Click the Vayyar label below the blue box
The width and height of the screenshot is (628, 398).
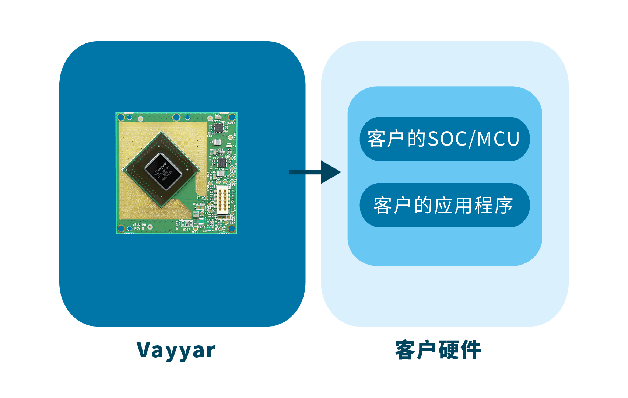tap(176, 350)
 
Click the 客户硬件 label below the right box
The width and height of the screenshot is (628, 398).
tap(438, 350)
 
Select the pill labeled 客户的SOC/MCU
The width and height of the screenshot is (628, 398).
tap(444, 139)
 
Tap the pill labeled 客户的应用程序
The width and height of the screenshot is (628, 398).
tap(444, 205)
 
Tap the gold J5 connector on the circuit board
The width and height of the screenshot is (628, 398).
tap(222, 200)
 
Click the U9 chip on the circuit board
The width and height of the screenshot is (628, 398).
tap(218, 128)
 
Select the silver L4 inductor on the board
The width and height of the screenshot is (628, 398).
tap(217, 142)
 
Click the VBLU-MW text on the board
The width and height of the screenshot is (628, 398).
tap(139, 224)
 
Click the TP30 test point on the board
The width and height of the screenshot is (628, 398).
tap(230, 137)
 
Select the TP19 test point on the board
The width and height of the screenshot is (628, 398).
tap(206, 198)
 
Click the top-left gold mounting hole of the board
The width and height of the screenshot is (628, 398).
tap(121, 117)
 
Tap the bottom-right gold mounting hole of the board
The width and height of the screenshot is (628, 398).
tap(232, 228)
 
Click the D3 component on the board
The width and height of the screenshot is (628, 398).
tap(229, 146)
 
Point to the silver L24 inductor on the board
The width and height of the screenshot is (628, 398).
tap(221, 173)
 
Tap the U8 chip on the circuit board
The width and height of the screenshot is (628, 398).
tap(222, 162)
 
